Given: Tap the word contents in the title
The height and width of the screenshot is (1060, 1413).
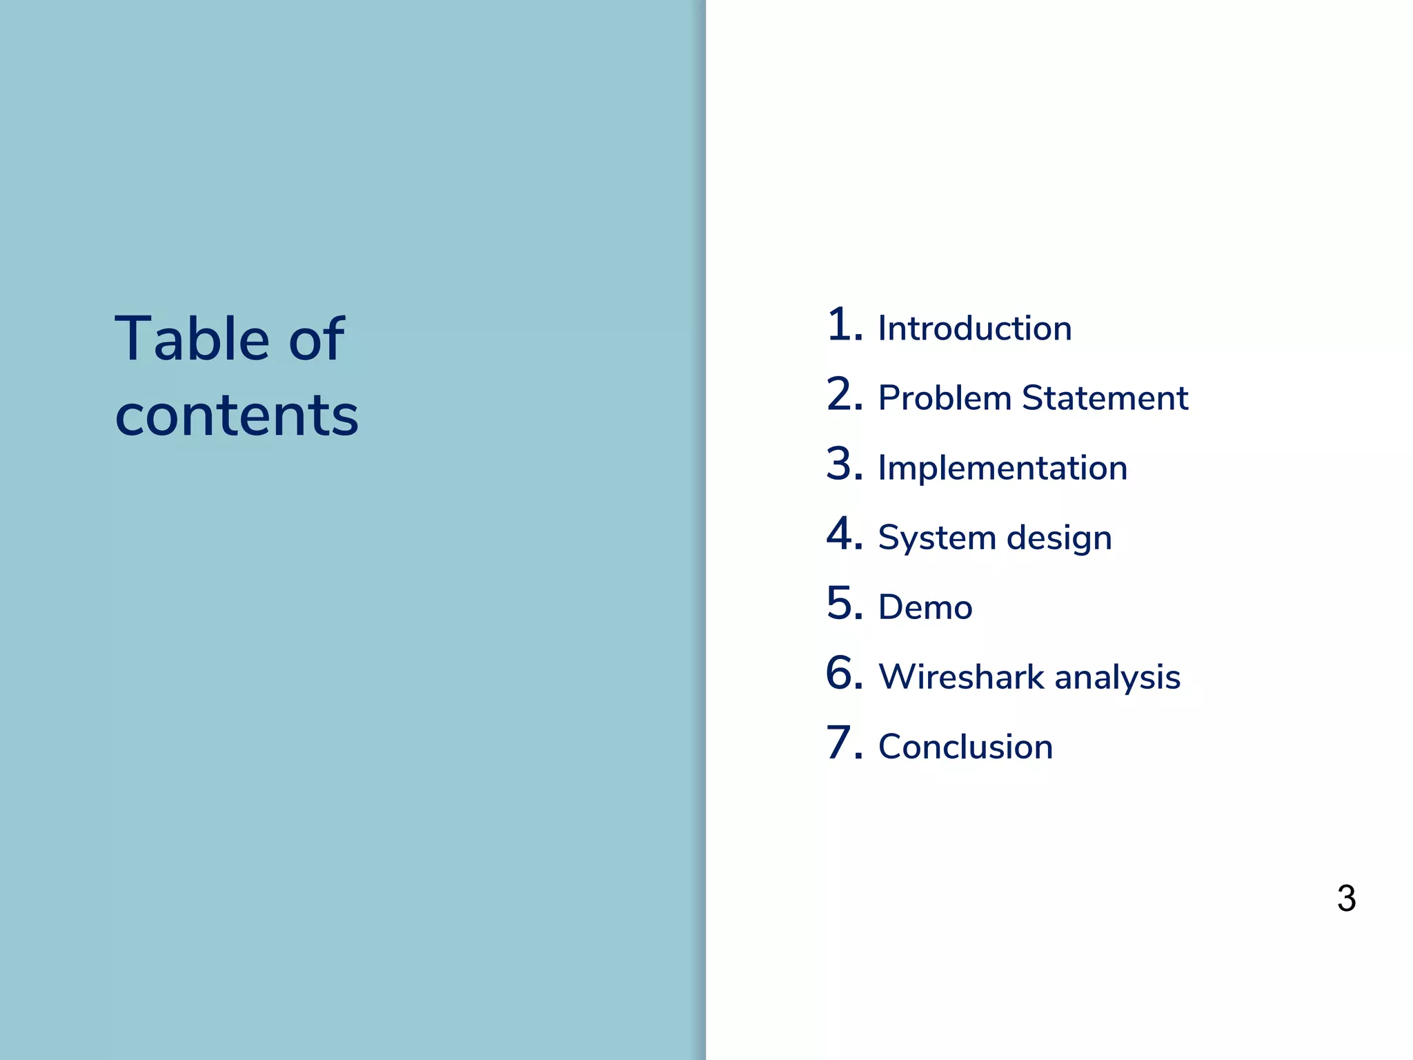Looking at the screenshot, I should pyautogui.click(x=237, y=415).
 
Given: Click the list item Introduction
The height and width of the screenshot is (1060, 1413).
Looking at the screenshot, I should pyautogui.click(x=974, y=328).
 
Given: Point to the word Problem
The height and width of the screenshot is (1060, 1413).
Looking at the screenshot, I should pyautogui.click(x=945, y=398).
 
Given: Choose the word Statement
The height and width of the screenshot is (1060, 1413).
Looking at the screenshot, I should pyautogui.click(x=1105, y=398).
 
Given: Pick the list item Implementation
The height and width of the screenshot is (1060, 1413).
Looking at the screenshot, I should pyautogui.click(x=1002, y=468).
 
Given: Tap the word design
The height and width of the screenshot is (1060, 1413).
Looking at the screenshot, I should pyautogui.click(x=1058, y=538).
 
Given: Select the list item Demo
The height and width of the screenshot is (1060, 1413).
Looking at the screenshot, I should pyautogui.click(x=925, y=607).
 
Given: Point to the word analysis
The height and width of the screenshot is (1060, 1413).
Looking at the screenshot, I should pyautogui.click(x=1117, y=678).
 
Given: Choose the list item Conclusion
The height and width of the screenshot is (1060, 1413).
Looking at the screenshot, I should pyautogui.click(x=965, y=747).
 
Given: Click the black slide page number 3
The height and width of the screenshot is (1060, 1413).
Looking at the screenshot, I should pyautogui.click(x=1346, y=899).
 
